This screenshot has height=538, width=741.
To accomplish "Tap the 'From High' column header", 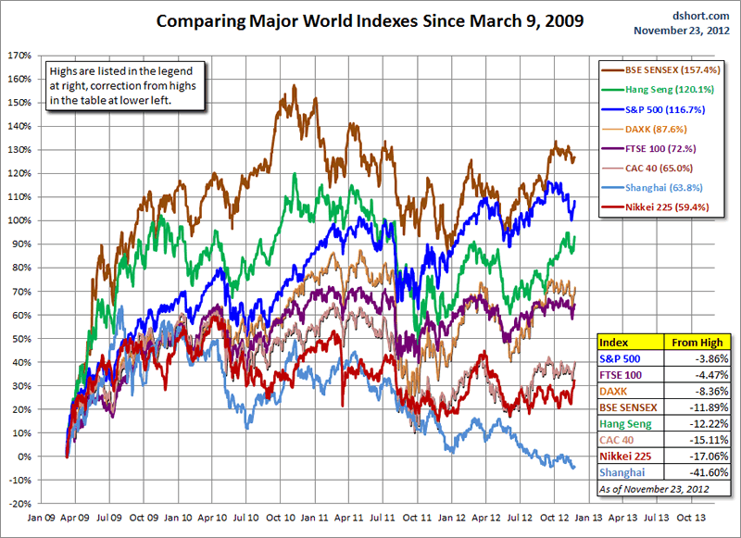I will pos(697,342).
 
